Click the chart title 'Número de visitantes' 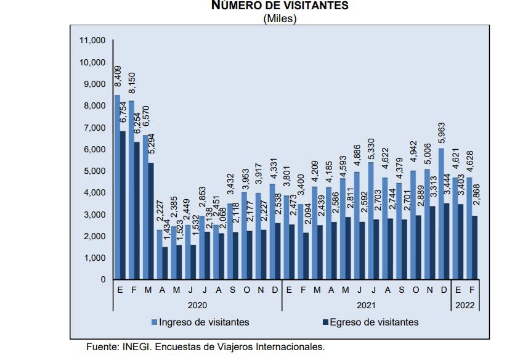[280, 6]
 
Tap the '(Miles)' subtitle [280, 18]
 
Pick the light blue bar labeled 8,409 [117, 187]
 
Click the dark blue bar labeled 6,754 [123, 205]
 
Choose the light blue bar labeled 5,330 [370, 221]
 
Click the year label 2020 [197, 305]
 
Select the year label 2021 [367, 305]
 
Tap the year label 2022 [466, 305]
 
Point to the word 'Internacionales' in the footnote [289, 348]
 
